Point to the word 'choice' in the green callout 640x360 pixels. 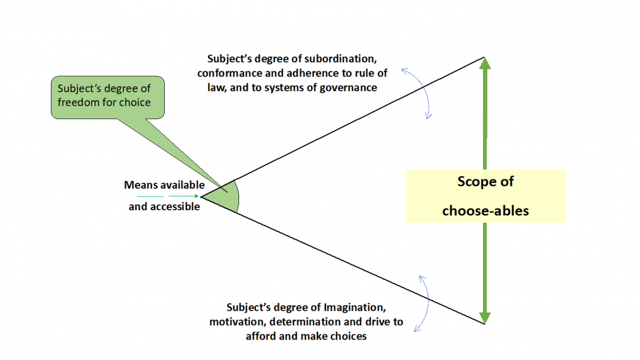[x=135, y=102]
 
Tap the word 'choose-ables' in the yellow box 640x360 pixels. [x=485, y=211]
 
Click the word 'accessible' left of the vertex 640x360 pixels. [x=175, y=207]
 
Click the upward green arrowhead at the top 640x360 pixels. [x=484, y=63]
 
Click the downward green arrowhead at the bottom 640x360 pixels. [x=484, y=318]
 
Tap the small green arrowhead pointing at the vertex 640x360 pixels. [x=197, y=196]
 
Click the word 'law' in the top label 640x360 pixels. [x=216, y=88]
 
